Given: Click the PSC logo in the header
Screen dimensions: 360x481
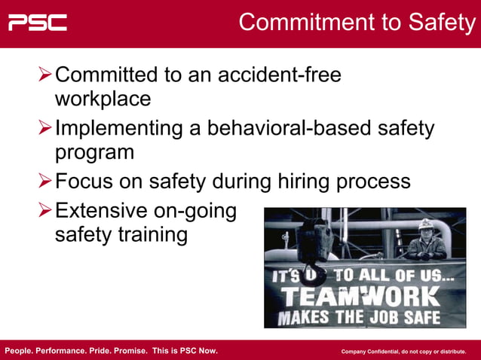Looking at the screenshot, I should pos(38,22).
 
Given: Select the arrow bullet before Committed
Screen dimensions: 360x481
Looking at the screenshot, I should pos(45,75).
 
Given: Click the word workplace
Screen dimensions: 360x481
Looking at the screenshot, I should pos(103,99).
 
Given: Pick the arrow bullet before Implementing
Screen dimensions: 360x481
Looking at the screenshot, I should pos(45,128).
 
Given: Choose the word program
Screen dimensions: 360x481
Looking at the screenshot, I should pos(94,152).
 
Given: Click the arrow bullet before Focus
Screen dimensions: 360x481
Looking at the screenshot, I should pos(45,182).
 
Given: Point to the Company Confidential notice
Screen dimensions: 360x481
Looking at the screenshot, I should pos(403,352).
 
